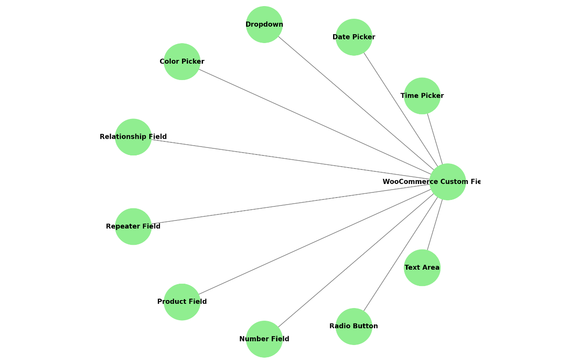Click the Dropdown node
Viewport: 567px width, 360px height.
(x=264, y=24)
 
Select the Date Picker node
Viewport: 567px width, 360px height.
(x=354, y=37)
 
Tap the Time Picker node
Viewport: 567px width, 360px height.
(x=422, y=96)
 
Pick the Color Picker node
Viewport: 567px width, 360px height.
(x=182, y=61)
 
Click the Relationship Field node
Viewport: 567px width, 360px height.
(x=133, y=137)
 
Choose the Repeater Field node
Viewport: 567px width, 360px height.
(x=133, y=227)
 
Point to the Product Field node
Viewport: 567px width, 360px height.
(x=182, y=302)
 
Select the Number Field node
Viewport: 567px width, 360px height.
(x=264, y=339)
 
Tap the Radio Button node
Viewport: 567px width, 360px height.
(x=354, y=326)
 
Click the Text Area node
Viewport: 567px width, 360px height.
(x=422, y=268)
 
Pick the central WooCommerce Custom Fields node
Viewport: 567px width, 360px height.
(x=448, y=182)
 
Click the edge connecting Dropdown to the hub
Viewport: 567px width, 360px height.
(x=356, y=103)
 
